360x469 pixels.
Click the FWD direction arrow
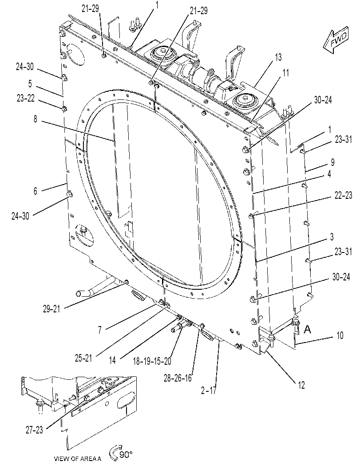click(336, 40)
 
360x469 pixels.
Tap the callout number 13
click(278, 57)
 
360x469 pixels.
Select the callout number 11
click(285, 73)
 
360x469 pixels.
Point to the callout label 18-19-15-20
click(152, 361)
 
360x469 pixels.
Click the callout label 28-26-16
click(178, 378)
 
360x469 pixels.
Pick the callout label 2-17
click(208, 390)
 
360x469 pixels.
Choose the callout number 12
click(301, 385)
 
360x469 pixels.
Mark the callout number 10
click(340, 335)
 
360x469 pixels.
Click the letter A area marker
click(307, 329)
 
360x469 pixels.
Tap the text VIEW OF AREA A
click(78, 458)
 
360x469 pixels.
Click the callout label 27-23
click(34, 430)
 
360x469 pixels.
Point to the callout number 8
click(36, 119)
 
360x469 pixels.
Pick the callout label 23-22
click(26, 99)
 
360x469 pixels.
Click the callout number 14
click(112, 360)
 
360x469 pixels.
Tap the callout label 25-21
click(83, 358)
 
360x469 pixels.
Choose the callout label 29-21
click(51, 309)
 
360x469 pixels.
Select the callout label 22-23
click(343, 195)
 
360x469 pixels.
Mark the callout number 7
click(99, 330)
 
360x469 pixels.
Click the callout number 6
click(36, 191)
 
